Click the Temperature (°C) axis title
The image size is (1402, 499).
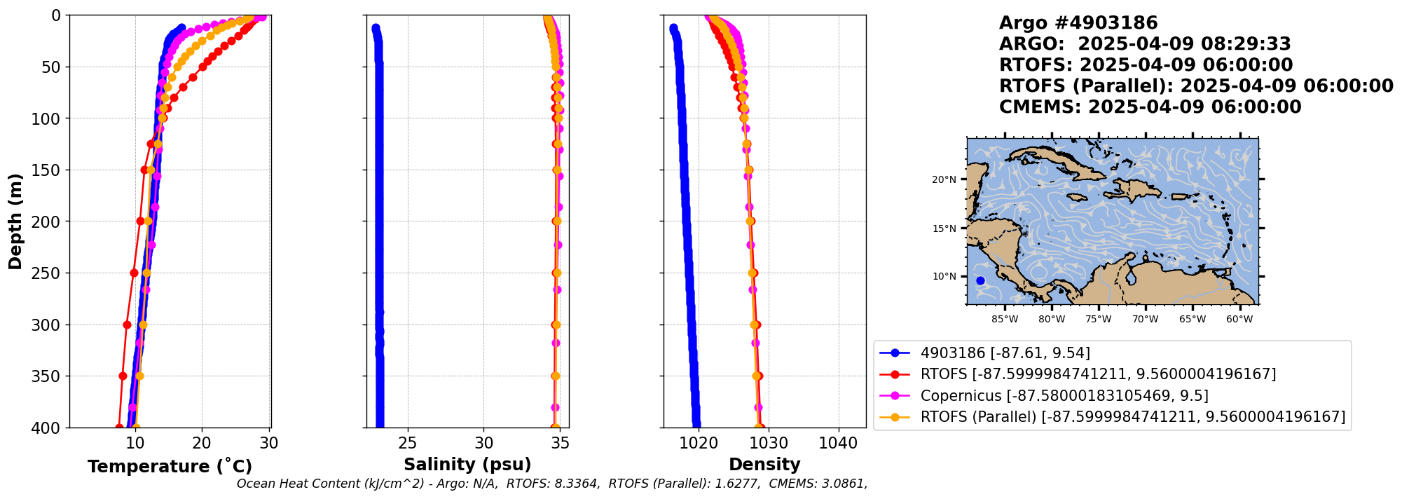coord(170,467)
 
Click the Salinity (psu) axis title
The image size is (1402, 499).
coord(467,465)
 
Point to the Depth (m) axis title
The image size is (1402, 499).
coord(15,221)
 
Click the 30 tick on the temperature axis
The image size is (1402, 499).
coord(269,443)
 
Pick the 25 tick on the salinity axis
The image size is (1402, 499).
coord(408,443)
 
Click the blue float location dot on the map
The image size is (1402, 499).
coord(980,280)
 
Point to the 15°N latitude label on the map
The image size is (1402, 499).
coord(944,228)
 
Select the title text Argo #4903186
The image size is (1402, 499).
coord(1078,23)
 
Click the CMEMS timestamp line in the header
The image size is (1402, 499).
coord(1150,107)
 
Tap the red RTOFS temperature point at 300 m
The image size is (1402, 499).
coord(127,324)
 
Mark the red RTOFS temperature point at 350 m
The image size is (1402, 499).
coord(123,376)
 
